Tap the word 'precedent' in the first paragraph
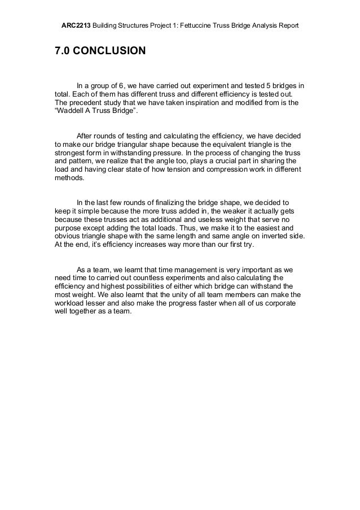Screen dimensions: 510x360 88,103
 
